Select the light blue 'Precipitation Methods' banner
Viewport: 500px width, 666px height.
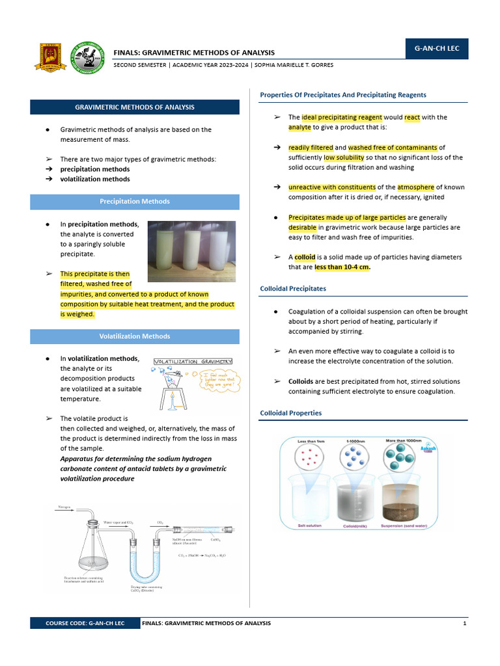(x=135, y=202)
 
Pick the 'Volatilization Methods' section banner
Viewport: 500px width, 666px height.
(x=135, y=336)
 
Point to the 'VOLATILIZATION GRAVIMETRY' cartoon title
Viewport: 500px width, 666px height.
(x=193, y=362)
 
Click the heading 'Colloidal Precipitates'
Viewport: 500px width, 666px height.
(x=293, y=288)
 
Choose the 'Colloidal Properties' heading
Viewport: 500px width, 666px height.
(x=290, y=413)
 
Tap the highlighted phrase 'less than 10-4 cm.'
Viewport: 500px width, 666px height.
(x=342, y=267)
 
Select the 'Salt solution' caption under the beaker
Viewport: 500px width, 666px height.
(x=309, y=526)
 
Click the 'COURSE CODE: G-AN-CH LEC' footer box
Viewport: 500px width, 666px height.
(x=85, y=623)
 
